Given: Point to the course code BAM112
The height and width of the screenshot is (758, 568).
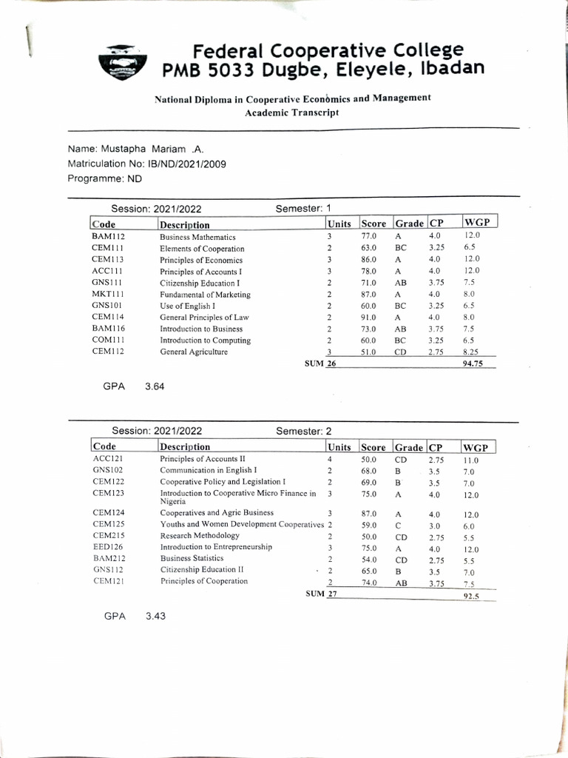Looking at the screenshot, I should tap(108, 237).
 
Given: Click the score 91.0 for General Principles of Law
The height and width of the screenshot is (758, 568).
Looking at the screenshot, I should tap(369, 318).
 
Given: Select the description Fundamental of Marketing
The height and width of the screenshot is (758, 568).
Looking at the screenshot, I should tap(205, 295).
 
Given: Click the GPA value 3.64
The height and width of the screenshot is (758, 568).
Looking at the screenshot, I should tap(155, 386).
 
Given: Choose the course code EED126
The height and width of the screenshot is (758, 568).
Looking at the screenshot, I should tap(108, 547).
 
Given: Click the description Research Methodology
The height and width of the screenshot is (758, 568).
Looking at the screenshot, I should tap(200, 535).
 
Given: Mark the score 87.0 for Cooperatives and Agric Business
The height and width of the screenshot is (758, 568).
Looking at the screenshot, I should tap(369, 514).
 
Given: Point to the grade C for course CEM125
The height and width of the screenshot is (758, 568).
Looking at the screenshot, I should tap(398, 526).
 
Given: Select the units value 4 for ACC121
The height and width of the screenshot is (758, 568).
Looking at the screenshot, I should tap(329, 460).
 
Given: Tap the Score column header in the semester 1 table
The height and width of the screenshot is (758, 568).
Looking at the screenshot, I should tap(373, 224).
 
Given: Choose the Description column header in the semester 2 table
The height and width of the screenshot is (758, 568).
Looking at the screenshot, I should tap(185, 447).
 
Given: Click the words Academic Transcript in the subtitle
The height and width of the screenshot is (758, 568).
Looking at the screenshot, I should tap(291, 113).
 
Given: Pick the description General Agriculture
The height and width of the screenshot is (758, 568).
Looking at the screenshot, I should tap(194, 352).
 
